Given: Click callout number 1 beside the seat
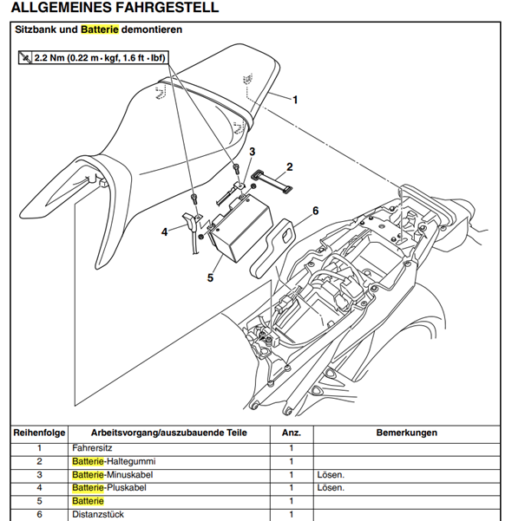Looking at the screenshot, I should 294,100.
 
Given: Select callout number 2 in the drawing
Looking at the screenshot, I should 289,166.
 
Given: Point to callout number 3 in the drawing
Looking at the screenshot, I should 252,152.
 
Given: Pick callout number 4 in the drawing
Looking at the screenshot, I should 164,231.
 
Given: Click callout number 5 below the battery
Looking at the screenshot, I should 210,277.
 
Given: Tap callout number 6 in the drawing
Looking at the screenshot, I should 315,211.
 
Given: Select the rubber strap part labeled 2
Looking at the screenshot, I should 271,179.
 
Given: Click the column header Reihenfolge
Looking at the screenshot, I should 39,432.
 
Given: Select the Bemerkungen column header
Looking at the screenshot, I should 406,432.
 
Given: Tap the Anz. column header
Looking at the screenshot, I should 291,432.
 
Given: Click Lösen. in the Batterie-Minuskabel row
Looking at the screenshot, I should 331,475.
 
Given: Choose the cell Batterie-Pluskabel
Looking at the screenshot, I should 108,488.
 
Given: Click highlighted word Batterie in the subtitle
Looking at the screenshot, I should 100,30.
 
